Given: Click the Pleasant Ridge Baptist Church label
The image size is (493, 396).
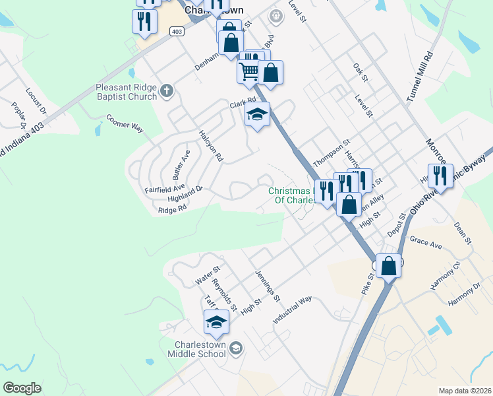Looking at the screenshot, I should [x=127, y=92].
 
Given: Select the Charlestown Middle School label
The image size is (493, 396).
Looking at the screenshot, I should [x=200, y=349].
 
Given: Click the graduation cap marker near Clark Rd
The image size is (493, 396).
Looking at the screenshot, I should [x=258, y=115].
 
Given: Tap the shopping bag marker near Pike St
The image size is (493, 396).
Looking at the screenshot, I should [x=390, y=267].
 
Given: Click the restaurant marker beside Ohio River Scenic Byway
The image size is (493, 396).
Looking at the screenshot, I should [x=440, y=176].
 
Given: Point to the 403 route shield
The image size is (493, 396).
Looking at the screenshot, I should [x=177, y=31].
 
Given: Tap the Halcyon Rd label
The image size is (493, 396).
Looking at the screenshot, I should [x=211, y=145].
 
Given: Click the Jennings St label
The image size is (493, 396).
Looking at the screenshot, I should [x=268, y=284].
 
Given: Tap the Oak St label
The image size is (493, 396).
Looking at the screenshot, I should [x=359, y=73].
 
